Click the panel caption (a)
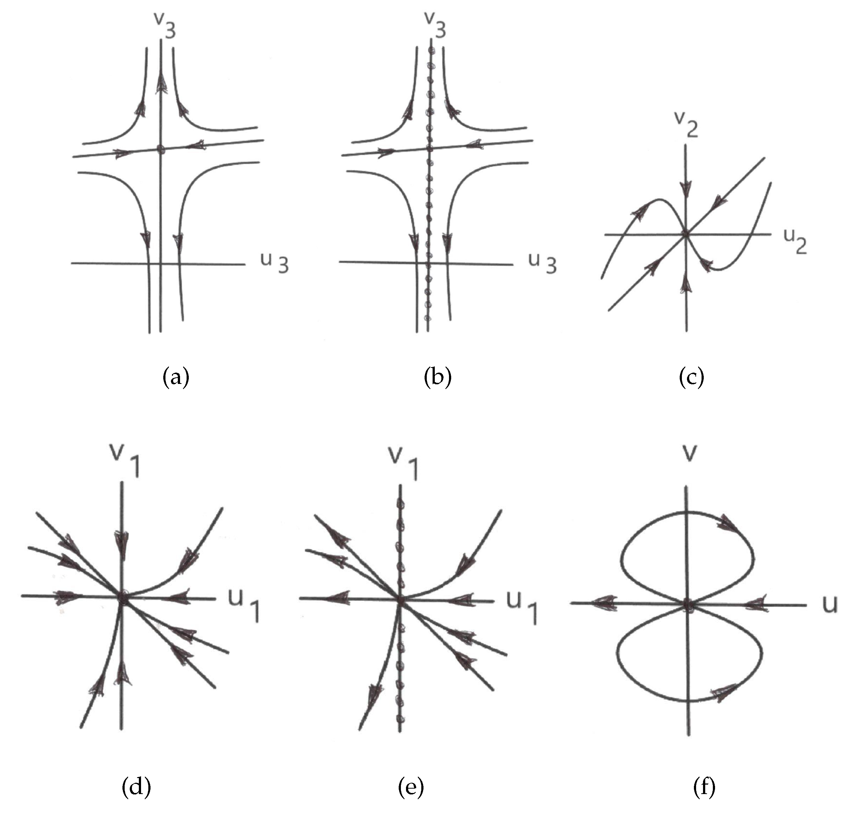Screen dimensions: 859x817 click(x=176, y=377)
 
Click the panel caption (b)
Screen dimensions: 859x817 click(x=438, y=377)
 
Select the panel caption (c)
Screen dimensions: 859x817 click(x=691, y=377)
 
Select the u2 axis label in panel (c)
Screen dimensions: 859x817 click(x=795, y=241)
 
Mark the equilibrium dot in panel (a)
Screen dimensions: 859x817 click(x=161, y=149)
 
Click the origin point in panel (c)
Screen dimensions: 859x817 click(x=686, y=234)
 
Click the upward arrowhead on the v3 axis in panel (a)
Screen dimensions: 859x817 click(x=161, y=83)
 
